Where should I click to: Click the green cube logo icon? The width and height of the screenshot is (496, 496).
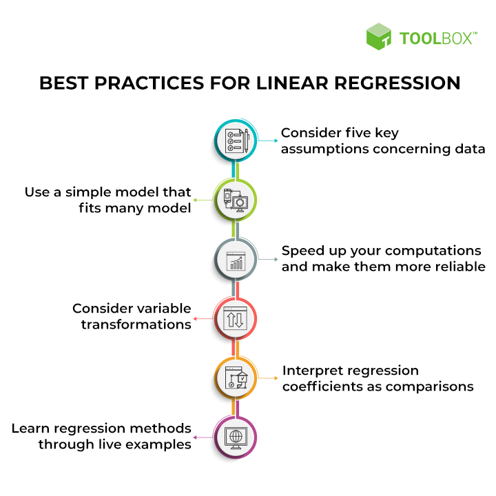[379, 37]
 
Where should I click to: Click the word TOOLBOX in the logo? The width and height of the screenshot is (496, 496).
[438, 39]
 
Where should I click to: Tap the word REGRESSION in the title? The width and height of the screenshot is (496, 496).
[397, 83]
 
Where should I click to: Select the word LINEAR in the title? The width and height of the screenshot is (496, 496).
[293, 83]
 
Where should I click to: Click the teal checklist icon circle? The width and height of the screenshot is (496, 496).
[236, 141]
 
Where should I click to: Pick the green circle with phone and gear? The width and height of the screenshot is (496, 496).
[236, 200]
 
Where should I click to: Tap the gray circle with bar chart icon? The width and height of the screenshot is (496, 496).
[236, 260]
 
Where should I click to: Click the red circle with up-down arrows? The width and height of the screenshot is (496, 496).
[236, 319]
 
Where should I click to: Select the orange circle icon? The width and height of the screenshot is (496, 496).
[236, 378]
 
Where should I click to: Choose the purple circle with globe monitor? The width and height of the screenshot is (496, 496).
[236, 437]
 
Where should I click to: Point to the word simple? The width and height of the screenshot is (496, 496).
[87, 193]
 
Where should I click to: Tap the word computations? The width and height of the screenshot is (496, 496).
[433, 251]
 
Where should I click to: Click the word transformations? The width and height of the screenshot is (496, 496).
[136, 324]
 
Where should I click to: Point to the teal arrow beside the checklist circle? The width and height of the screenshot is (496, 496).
[267, 141]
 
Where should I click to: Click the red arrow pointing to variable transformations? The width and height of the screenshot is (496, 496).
[203, 318]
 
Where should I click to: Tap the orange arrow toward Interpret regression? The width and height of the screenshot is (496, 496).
[267, 378]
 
